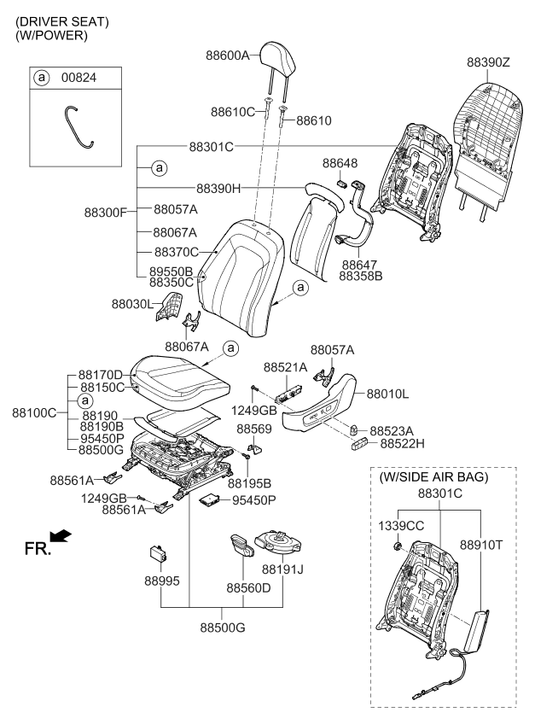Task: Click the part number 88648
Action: coord(340,162)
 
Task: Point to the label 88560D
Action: coord(248,588)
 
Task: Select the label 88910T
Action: coord(481,542)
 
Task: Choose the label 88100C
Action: coord(34,412)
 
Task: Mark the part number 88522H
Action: coord(403,443)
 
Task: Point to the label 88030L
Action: coord(132,303)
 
